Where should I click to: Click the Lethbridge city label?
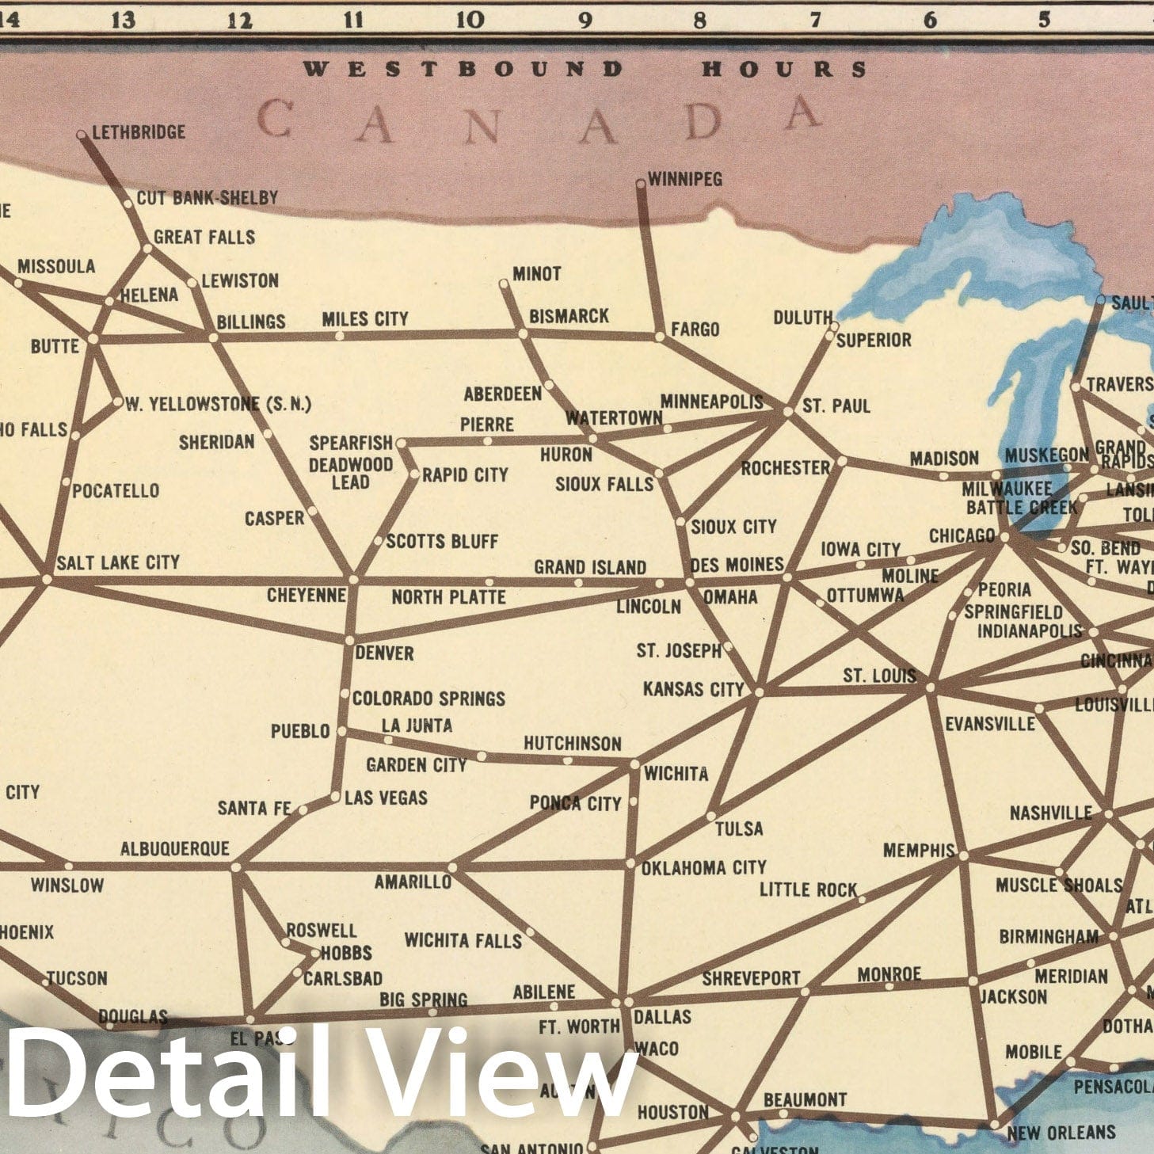(139, 132)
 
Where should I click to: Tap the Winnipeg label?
(685, 180)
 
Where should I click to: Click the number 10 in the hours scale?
(470, 20)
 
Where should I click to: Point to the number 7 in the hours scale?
(815, 20)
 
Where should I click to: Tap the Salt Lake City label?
(118, 562)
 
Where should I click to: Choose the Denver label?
(384, 653)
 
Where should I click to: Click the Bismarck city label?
(569, 316)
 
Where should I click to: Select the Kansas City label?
(693, 690)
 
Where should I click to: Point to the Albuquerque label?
(174, 849)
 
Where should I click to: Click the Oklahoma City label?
(703, 868)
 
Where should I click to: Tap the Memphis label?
(919, 851)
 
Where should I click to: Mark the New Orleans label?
(1061, 1133)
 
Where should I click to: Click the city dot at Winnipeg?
(641, 184)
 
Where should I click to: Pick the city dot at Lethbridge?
(81, 135)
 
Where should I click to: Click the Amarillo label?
(413, 882)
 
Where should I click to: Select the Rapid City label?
(465, 475)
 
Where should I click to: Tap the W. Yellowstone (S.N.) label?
(219, 405)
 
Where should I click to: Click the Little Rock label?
(808, 890)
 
